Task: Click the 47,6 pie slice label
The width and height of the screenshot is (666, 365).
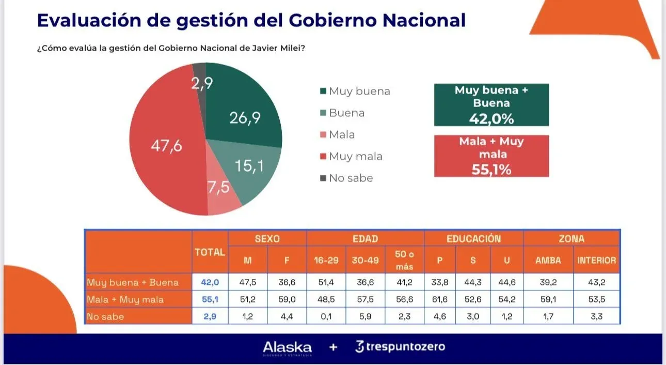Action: (x=166, y=146)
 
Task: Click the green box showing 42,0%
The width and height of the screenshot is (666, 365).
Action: (x=491, y=105)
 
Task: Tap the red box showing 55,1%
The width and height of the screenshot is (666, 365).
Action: (x=491, y=156)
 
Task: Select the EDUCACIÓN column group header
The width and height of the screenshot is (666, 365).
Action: (x=473, y=239)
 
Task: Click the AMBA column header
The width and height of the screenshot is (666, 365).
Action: (x=548, y=261)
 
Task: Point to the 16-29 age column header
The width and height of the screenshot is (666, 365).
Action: (x=326, y=261)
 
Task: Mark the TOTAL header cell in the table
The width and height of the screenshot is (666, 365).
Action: (x=210, y=253)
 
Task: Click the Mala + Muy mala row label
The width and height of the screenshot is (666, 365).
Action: (x=125, y=300)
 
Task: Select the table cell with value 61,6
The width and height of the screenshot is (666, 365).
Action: (x=439, y=300)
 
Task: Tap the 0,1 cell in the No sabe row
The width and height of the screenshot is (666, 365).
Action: (x=326, y=316)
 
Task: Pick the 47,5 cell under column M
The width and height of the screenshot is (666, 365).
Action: (x=248, y=283)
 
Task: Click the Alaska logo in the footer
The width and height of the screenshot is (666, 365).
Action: (x=287, y=347)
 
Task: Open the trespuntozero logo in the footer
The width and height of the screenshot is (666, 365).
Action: (x=400, y=347)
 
